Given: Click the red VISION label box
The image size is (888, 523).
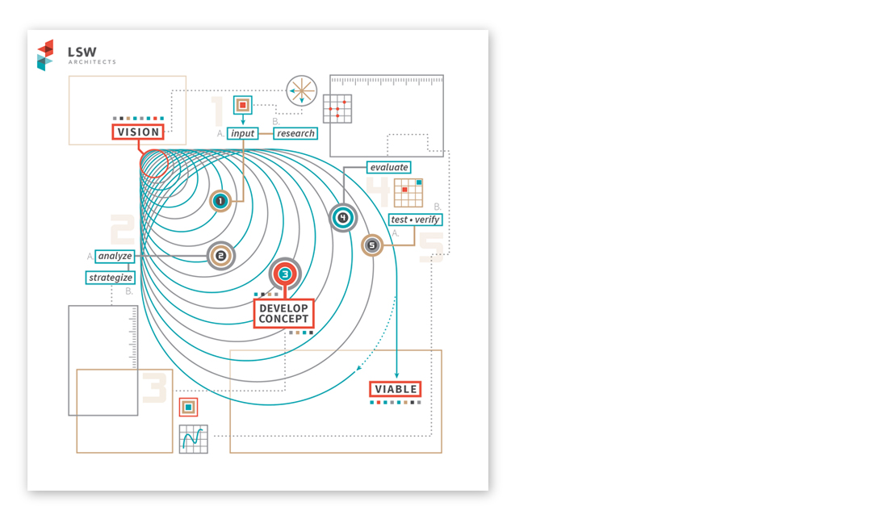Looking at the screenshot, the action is (x=138, y=132).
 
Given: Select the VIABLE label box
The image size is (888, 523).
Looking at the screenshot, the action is (x=396, y=389).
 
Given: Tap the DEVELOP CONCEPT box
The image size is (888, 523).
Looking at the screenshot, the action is (x=283, y=313).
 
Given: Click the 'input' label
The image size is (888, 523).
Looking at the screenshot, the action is (x=242, y=134).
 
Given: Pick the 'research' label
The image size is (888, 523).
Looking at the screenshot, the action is (x=295, y=134).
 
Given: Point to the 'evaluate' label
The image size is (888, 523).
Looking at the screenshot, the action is (x=389, y=168).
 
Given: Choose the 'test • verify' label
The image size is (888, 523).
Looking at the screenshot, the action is (x=415, y=220).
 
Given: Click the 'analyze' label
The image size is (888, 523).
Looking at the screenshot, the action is (x=115, y=256).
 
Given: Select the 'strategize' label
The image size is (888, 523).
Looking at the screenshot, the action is (x=111, y=278).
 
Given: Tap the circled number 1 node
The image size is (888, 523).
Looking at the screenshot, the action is (x=220, y=200).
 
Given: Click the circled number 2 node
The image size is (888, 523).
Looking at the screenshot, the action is (x=221, y=256).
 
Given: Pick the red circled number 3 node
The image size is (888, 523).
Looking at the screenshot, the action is (x=285, y=274).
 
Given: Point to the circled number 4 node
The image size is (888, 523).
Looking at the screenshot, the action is (x=342, y=217).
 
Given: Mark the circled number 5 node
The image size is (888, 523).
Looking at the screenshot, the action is (x=372, y=245).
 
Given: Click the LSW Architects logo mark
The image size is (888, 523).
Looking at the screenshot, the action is (x=45, y=55).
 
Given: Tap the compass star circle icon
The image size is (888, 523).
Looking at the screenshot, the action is (x=301, y=90).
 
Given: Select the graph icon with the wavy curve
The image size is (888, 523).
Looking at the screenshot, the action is (x=194, y=439).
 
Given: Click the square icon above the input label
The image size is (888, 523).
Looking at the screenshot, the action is (x=243, y=105).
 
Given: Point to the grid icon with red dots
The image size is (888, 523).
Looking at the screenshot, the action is (x=337, y=109).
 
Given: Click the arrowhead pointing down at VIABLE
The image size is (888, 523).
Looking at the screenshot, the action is (x=396, y=375).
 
